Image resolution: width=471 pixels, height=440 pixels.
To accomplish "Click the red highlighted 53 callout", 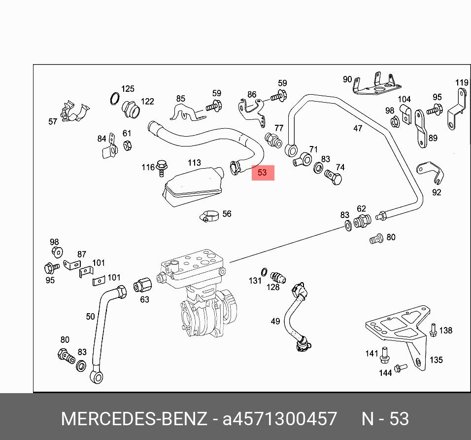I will coord(263,173).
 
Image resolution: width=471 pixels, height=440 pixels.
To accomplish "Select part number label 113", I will coord(194,163).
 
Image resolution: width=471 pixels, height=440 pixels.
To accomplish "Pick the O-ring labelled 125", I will coord(115,99).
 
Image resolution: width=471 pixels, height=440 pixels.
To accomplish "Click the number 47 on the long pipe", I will coord(358,128).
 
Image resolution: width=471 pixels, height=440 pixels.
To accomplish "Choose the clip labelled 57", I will coord(72,112).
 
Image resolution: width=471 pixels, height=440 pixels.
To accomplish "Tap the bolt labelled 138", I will coord(433,330).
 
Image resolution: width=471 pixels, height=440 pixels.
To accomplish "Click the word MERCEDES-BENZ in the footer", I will coord(134,419).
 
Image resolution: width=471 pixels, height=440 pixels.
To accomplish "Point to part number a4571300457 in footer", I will coord(280,419).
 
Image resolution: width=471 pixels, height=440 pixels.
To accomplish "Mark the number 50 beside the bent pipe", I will coord(90,316).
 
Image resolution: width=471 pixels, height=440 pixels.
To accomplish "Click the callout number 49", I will coord(275,322).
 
